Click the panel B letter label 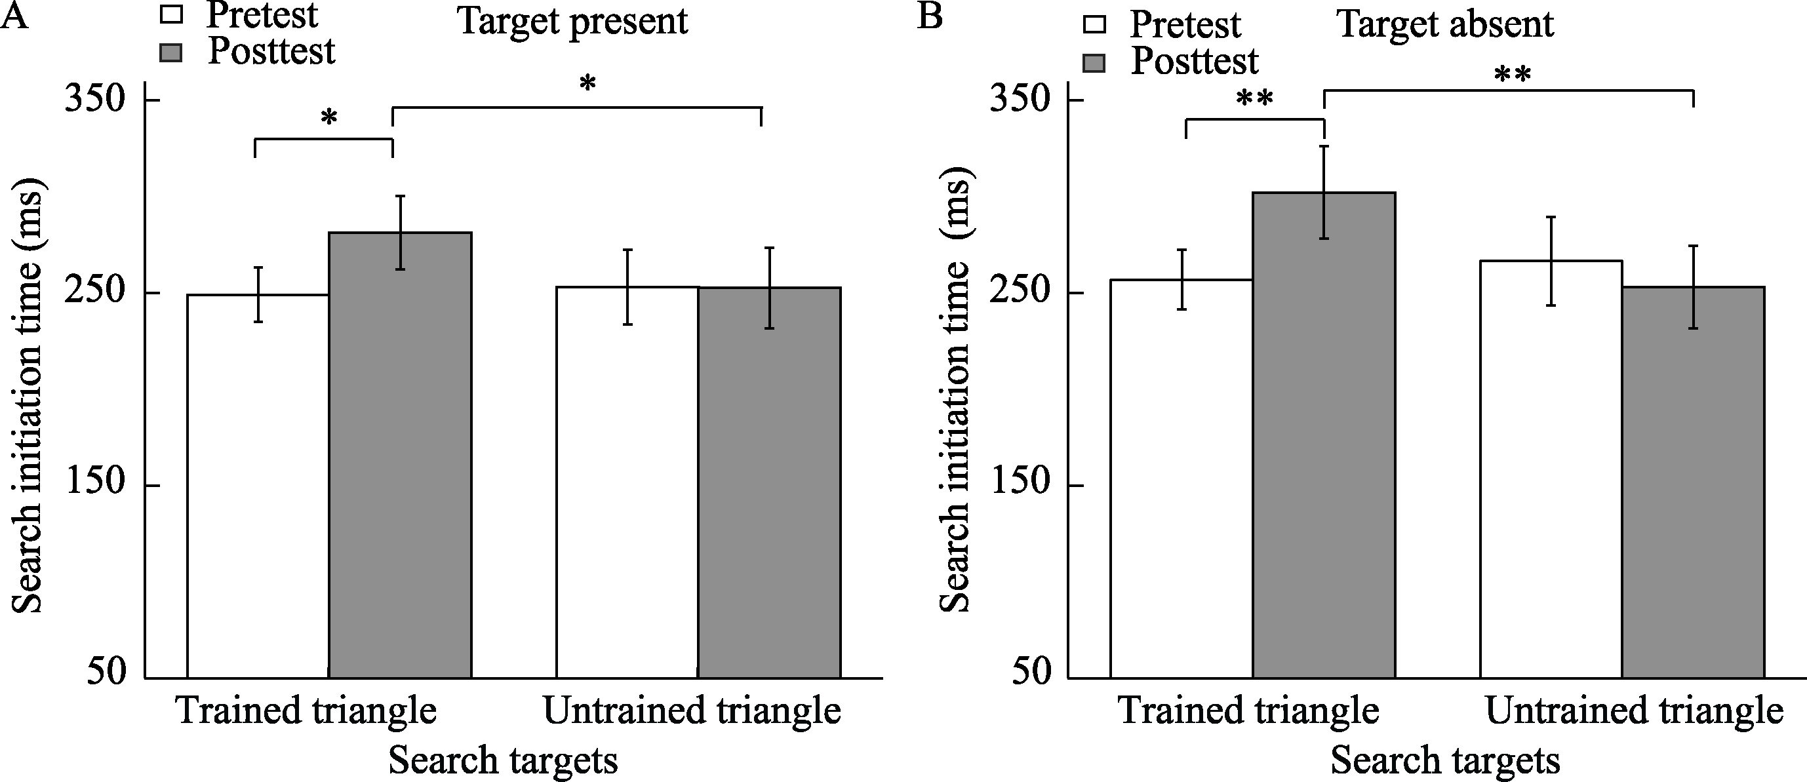click(930, 16)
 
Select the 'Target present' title click(572, 22)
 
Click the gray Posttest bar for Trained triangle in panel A click(400, 456)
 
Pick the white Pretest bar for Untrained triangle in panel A click(627, 484)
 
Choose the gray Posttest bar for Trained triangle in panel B click(1324, 435)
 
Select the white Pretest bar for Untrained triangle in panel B click(1551, 470)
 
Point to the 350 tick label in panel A click(94, 100)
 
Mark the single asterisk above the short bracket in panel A click(329, 119)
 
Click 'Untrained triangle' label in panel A click(692, 711)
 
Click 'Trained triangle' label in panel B click(1248, 711)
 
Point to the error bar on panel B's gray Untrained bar click(1694, 287)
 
